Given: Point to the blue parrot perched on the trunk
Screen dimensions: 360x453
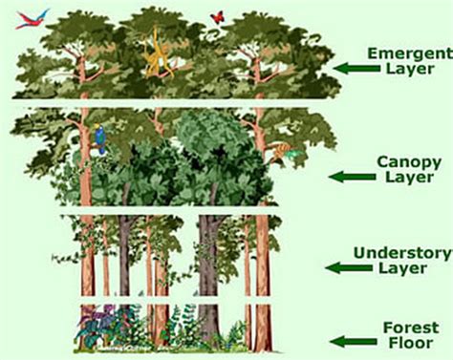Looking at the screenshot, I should (101, 141).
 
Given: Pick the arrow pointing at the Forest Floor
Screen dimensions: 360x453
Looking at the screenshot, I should (348, 339).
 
